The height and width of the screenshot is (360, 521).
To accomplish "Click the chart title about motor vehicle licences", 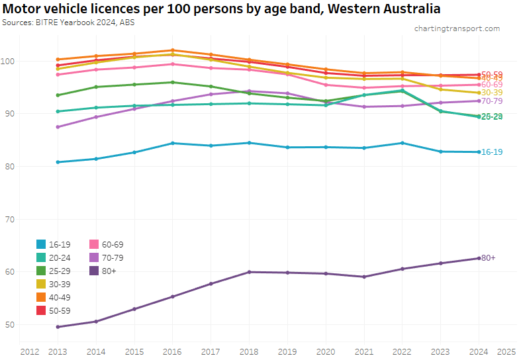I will (222, 9).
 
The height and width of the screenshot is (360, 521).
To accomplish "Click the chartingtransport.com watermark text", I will (457, 28).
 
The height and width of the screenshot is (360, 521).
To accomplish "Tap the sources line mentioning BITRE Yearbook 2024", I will (69, 22).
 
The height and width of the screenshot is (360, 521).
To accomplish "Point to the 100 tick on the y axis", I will (9, 62).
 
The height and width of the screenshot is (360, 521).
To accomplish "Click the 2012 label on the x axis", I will (29, 351).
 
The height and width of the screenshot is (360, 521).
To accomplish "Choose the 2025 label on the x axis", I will (506, 351).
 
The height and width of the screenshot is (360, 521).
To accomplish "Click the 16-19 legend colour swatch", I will (42, 244).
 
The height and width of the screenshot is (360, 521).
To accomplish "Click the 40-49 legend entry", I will (53, 297).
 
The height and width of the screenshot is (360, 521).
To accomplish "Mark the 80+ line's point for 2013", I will (58, 327).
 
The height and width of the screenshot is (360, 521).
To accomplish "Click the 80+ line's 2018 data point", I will (248, 272).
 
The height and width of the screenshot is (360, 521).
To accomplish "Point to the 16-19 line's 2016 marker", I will (172, 143).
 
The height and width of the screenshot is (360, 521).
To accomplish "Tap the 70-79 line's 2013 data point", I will (58, 127).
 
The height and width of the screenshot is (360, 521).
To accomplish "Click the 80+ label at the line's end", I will (488, 257).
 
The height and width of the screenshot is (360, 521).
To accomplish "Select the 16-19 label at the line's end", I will (491, 152).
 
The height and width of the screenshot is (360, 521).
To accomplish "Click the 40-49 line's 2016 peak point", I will (172, 50).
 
